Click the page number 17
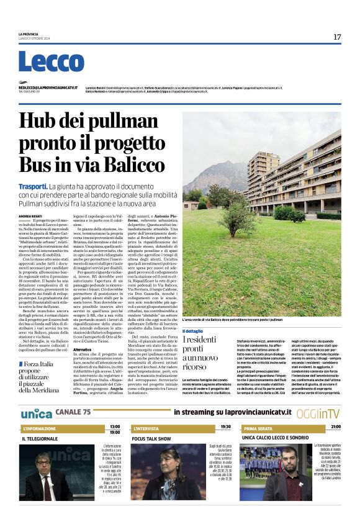coord(337,37)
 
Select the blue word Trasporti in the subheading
coord(33,186)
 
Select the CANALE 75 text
coord(73,412)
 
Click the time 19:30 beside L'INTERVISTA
coord(225,427)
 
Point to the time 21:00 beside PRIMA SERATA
coord(336,427)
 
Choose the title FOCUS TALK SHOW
coord(151,439)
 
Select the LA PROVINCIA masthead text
coord(29,34)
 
